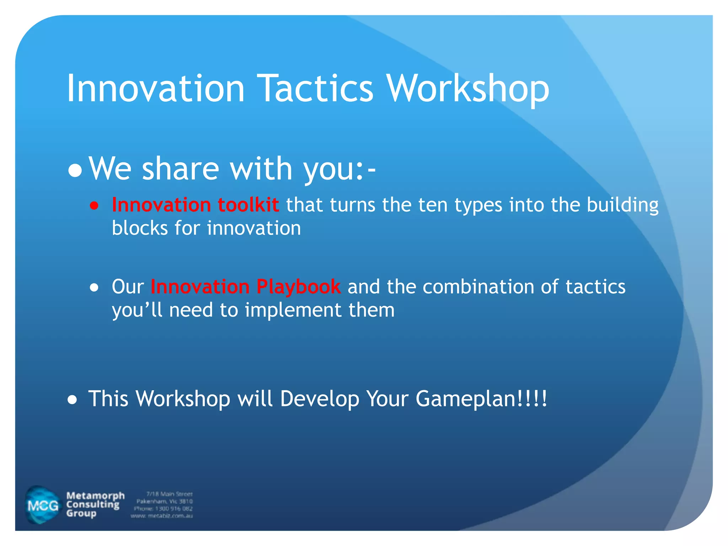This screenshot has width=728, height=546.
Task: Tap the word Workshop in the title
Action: point(468,89)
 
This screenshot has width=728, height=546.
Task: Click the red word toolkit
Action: point(248,205)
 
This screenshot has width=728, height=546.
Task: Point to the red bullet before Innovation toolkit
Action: point(94,205)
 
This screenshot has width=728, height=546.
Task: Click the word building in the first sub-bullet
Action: point(622,205)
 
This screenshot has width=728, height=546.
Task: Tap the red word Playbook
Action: point(298,287)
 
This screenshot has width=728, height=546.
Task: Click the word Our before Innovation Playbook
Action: point(128,287)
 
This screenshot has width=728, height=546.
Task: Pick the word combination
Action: point(478,287)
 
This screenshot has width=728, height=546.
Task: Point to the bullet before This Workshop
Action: point(73,400)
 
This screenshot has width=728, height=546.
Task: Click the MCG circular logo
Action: point(43,505)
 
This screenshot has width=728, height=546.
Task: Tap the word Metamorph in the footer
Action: point(95,496)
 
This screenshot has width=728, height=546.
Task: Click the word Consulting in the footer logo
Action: point(93,504)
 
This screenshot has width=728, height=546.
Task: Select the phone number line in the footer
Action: point(163,509)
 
